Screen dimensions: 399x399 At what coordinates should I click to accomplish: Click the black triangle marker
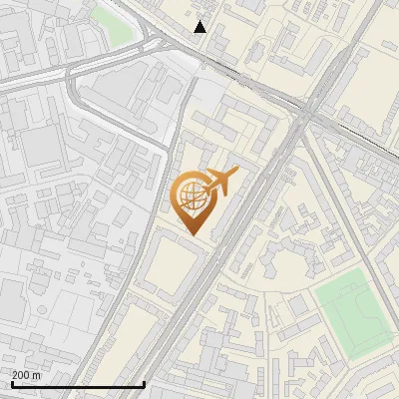point(200,27)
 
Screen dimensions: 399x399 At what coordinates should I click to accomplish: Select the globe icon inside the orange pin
point(191,197)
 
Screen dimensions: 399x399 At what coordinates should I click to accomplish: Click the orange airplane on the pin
point(220,182)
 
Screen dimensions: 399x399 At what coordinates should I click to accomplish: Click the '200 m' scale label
point(26,375)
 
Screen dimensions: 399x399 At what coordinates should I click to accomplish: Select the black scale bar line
point(78,384)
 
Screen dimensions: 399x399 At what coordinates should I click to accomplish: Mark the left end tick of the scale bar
point(12,382)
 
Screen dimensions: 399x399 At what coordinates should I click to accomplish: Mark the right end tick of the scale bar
point(145,382)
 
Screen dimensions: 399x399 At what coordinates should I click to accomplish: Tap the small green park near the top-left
point(113,25)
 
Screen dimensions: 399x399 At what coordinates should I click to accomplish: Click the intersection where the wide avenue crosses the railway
point(307,115)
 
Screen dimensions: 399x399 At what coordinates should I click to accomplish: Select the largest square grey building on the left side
point(41,146)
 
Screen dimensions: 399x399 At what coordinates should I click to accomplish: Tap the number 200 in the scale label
point(21,375)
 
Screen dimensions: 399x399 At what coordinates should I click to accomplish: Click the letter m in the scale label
point(37,375)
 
